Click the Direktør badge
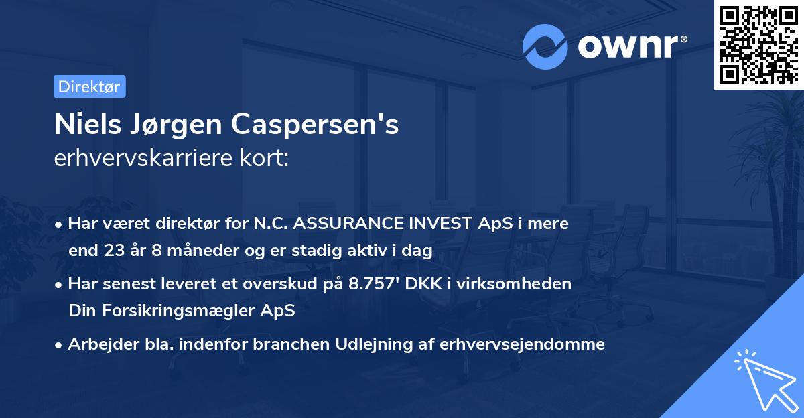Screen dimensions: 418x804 click(89, 86)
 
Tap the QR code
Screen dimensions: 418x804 click(758, 44)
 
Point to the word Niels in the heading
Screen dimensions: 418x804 click(82, 125)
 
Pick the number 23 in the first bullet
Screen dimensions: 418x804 click(111, 251)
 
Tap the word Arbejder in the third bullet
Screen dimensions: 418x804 click(96, 344)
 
